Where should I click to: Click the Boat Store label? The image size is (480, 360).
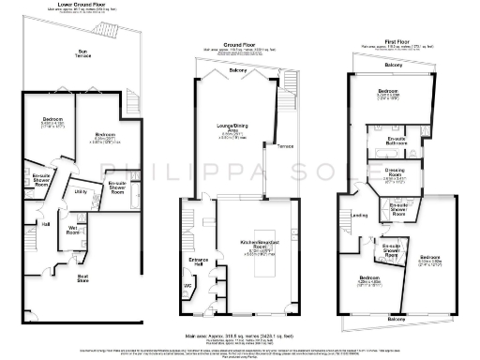click(x=83, y=277)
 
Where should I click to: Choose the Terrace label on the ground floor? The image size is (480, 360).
click(x=283, y=145)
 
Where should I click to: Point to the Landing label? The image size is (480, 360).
click(x=358, y=215)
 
